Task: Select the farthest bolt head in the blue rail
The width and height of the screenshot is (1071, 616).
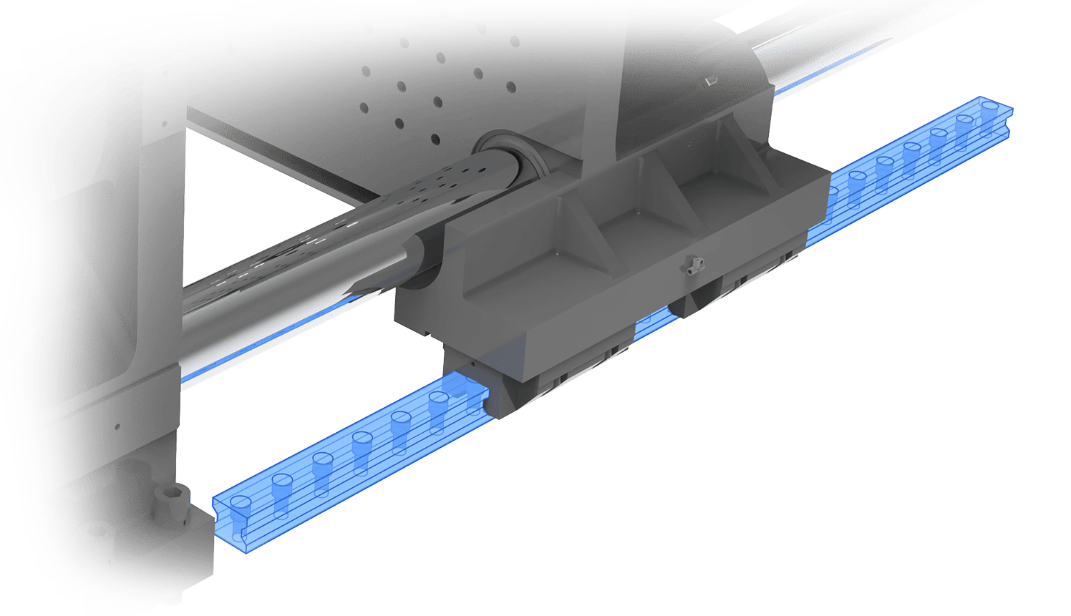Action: point(989,109)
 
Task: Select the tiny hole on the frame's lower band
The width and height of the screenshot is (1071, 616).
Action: point(117,427)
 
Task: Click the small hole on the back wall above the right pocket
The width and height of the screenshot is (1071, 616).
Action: point(689,144)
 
